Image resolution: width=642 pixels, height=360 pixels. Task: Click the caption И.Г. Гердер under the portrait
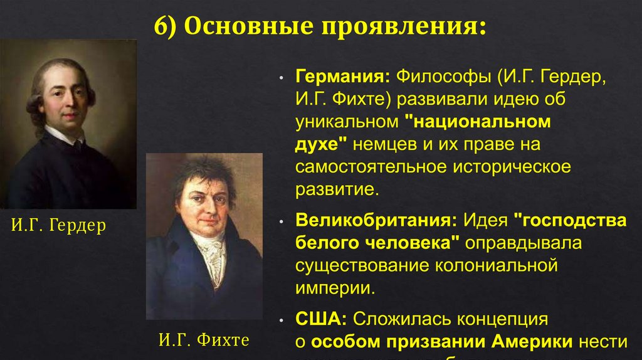click(x=59, y=225)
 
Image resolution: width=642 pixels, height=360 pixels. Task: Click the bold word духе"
click(x=322, y=144)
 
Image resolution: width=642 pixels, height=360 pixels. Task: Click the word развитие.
click(x=337, y=189)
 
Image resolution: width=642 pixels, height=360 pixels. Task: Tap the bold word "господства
click(x=570, y=221)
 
